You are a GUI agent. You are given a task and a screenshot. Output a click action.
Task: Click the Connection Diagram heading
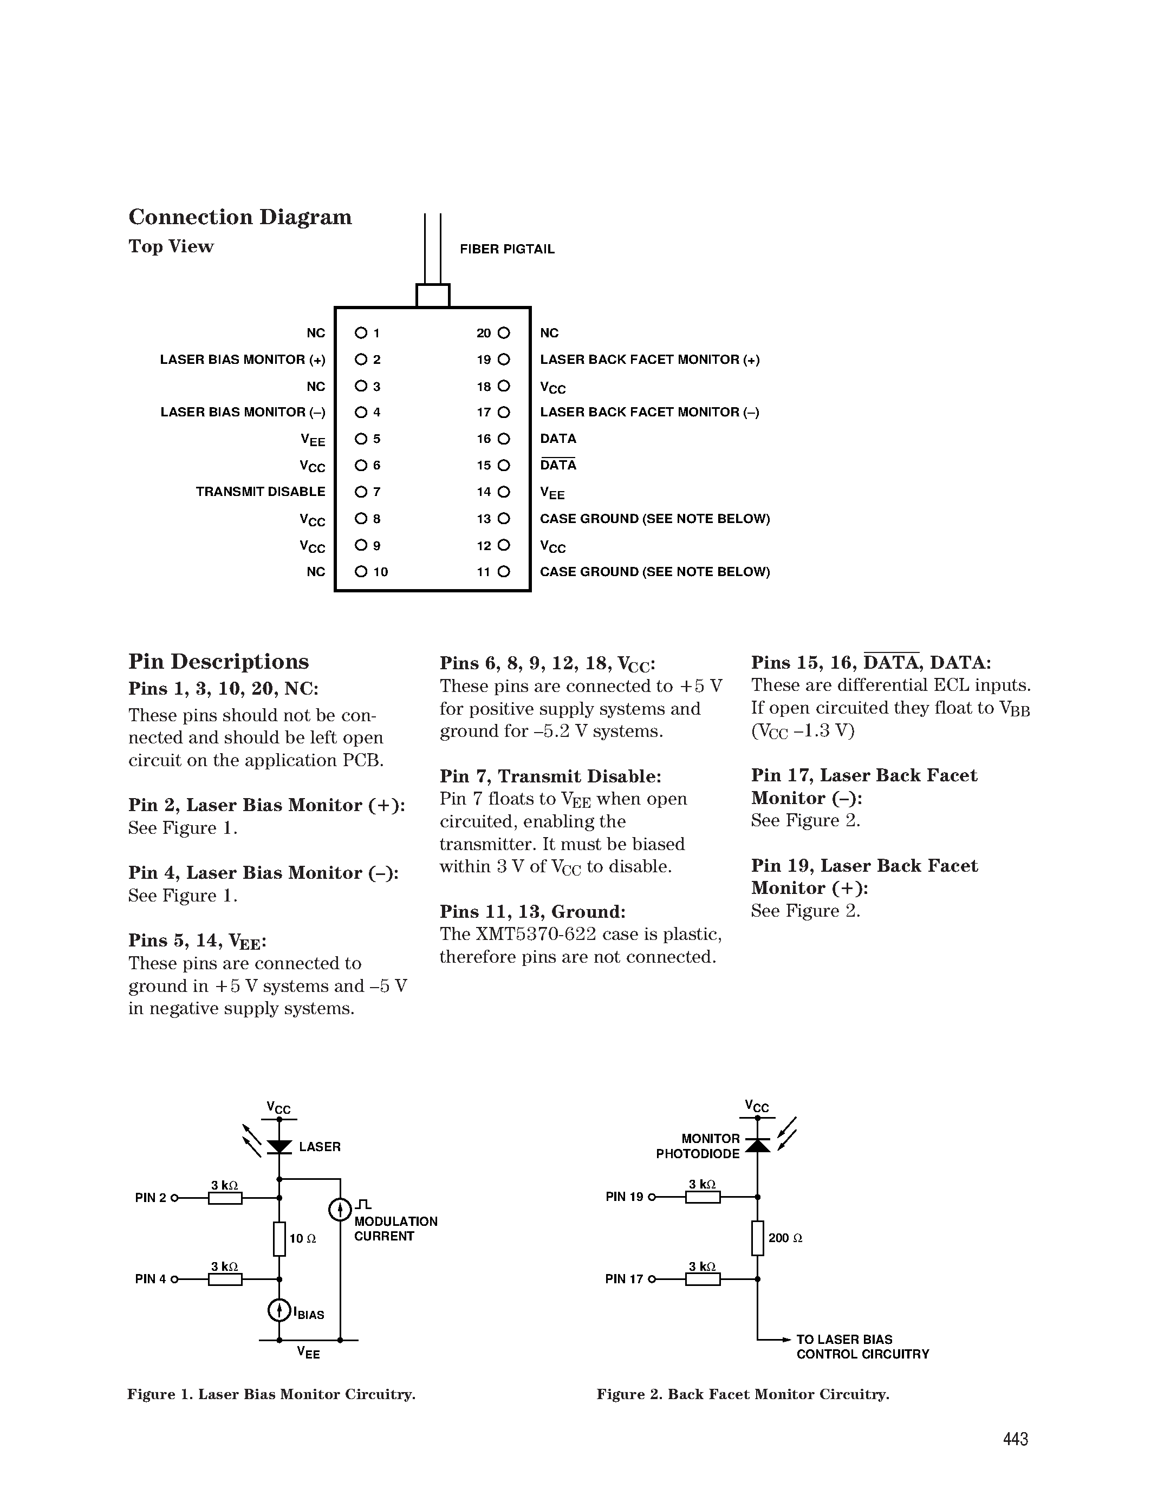tap(240, 217)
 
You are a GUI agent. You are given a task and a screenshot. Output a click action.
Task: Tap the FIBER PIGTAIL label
tap(506, 250)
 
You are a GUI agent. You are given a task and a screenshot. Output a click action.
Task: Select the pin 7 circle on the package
tap(361, 492)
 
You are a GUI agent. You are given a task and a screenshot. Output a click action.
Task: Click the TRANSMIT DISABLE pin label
tap(261, 492)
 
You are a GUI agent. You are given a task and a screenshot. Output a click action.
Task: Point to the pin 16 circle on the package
tap(504, 439)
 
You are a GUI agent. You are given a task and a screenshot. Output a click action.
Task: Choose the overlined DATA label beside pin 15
tap(558, 465)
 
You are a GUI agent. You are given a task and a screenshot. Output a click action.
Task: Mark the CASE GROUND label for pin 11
tap(655, 572)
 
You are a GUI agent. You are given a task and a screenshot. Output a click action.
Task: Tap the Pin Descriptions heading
tap(218, 661)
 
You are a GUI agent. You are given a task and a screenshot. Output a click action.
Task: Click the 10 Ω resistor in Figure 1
tap(279, 1239)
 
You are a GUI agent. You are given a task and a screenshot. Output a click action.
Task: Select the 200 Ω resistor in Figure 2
tap(758, 1238)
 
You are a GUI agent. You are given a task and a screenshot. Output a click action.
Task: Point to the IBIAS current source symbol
tap(279, 1310)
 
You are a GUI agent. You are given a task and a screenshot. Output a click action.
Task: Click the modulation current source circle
tap(340, 1210)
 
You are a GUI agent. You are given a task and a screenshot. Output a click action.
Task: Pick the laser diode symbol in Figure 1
tap(279, 1147)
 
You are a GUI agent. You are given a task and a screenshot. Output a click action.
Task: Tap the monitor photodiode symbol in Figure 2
tap(758, 1145)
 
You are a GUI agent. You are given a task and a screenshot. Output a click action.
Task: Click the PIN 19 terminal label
tap(624, 1197)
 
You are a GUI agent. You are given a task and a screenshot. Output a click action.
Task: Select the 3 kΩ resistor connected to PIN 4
tap(225, 1279)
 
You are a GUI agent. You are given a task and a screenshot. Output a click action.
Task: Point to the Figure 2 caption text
tap(743, 1394)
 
